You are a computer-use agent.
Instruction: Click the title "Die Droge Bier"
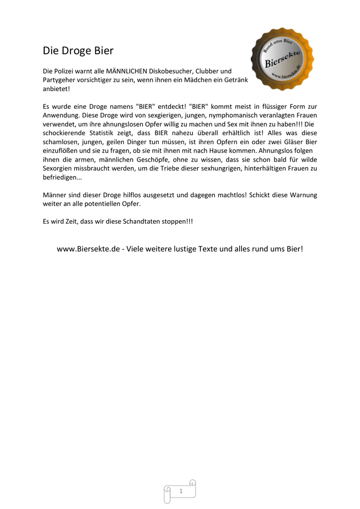point(78,51)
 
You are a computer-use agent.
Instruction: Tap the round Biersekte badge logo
point(282,59)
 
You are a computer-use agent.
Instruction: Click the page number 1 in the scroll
point(180,491)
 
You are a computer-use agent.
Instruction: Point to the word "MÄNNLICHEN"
point(123,71)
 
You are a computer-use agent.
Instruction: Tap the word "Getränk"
point(229,80)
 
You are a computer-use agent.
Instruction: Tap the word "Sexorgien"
point(58,169)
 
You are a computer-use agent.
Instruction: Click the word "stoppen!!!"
point(177,221)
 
